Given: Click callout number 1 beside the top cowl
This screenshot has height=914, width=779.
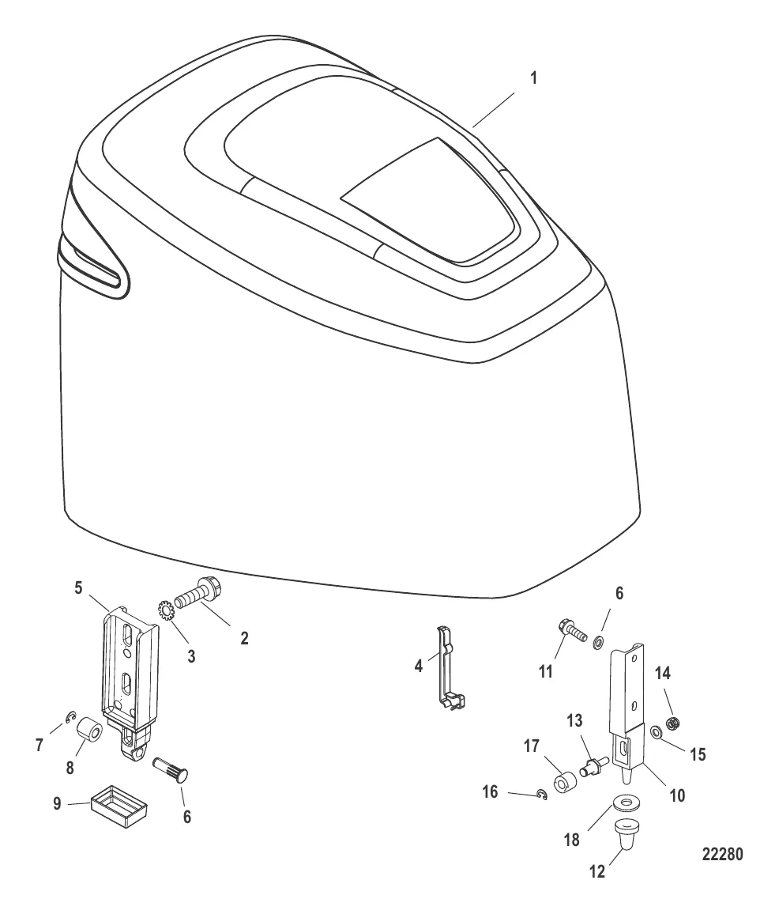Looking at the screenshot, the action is (534, 78).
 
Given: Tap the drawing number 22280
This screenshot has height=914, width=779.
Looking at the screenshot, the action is (722, 854).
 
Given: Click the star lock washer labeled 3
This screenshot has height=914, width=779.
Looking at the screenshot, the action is (165, 611).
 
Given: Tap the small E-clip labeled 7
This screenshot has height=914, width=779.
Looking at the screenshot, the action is (70, 719).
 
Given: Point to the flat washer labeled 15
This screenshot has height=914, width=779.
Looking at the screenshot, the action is (656, 731).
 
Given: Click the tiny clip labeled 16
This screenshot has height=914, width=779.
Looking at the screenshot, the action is (542, 795).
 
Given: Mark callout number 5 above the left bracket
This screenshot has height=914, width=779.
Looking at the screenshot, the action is (79, 587).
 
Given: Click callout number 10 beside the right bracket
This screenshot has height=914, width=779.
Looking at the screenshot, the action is (677, 795).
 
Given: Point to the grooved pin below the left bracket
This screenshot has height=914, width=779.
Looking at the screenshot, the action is (175, 767).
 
